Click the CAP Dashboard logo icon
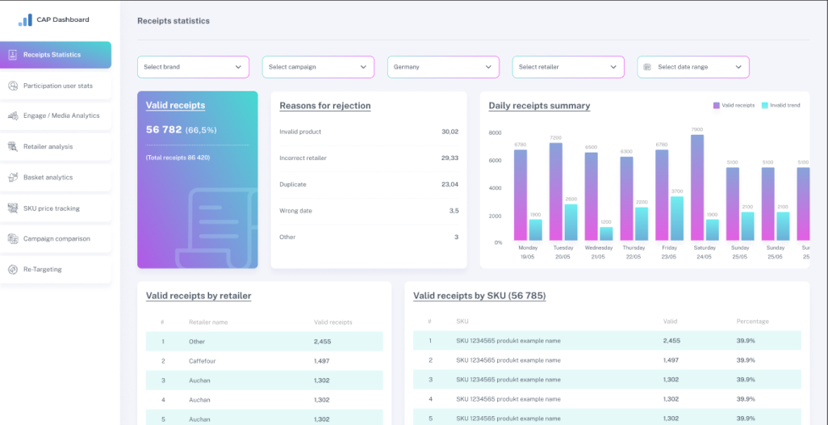pos(25,19)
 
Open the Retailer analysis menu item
pos(48,146)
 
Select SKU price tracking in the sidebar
pos(51,208)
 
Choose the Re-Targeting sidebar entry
pos(42,269)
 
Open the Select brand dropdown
pos(193,67)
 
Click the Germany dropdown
pos(443,67)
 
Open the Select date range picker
pos(693,67)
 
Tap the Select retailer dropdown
pos(568,67)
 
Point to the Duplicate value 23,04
pos(450,184)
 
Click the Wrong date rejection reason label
pos(295,211)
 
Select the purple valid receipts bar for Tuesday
pos(556,192)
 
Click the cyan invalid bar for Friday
pos(677,218)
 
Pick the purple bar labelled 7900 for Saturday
pos(697,187)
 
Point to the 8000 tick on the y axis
pos(495,133)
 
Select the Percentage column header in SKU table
pos(752,322)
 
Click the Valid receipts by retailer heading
pos(199,296)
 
